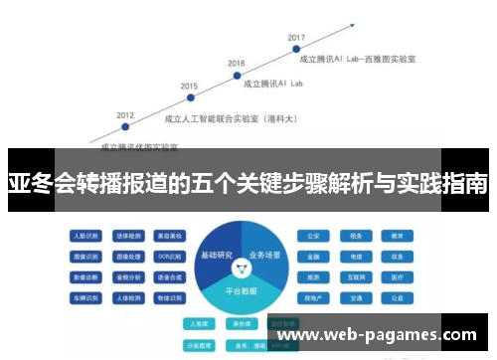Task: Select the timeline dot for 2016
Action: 236,74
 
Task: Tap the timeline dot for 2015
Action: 189,97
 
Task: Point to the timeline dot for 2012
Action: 124,125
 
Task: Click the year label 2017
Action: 295,38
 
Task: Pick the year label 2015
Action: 189,86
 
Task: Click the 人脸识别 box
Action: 83,237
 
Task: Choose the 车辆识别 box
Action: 83,297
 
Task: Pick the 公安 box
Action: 313,237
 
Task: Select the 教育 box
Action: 396,237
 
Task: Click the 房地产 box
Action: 313,297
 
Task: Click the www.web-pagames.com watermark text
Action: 379,335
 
